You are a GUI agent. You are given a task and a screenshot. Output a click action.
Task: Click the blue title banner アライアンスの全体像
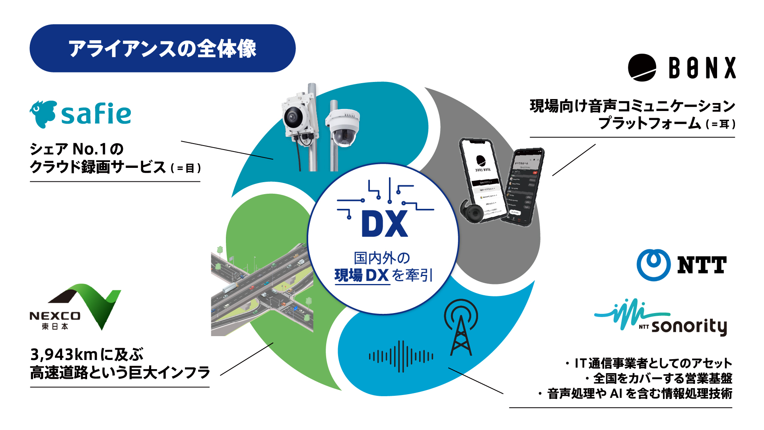tap(162, 48)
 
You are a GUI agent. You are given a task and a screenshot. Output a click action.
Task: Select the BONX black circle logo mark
tap(642, 68)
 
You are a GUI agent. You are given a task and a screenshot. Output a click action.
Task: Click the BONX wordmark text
tap(702, 68)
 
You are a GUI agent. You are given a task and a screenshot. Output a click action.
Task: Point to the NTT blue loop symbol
tap(653, 265)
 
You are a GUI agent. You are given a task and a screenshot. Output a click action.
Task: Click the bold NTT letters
tap(702, 265)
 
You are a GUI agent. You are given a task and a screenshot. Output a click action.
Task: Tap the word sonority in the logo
tap(689, 326)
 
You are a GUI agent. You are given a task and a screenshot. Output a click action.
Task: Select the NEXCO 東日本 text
tap(55, 321)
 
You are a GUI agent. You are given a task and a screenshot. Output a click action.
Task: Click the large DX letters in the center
tap(384, 224)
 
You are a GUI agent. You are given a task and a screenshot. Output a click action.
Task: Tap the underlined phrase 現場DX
tap(361, 275)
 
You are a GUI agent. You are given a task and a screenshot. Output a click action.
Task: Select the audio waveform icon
tap(401, 356)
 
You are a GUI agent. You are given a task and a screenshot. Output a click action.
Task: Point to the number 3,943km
tap(64, 354)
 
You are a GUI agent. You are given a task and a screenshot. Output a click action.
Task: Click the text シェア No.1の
tap(76, 149)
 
